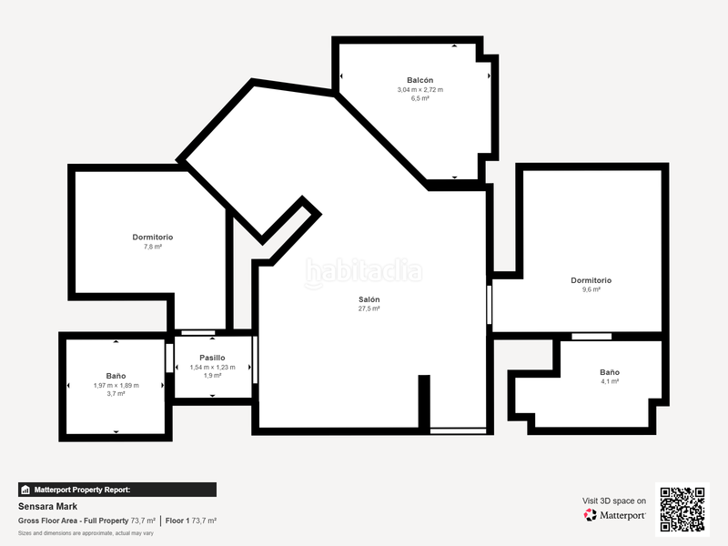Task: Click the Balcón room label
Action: point(420,80)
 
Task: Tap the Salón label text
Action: point(369,299)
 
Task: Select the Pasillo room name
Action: point(212,358)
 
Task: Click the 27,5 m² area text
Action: point(369,308)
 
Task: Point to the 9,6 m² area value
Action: point(591,289)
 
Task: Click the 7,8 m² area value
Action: point(153,247)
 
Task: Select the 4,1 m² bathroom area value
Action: point(610,381)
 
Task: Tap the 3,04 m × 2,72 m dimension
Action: point(420,89)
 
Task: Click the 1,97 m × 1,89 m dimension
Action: point(116,385)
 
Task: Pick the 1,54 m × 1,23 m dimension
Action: point(212,367)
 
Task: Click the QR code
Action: point(682,510)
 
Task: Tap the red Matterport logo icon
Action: point(590,515)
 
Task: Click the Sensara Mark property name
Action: point(48,507)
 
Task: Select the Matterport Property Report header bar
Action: point(117,490)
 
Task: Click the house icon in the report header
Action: point(25,490)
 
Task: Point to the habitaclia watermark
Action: point(363,272)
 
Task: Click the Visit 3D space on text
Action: point(613,501)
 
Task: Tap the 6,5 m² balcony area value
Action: point(420,98)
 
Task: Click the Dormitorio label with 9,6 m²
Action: point(591,280)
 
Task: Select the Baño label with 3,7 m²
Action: point(116,376)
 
